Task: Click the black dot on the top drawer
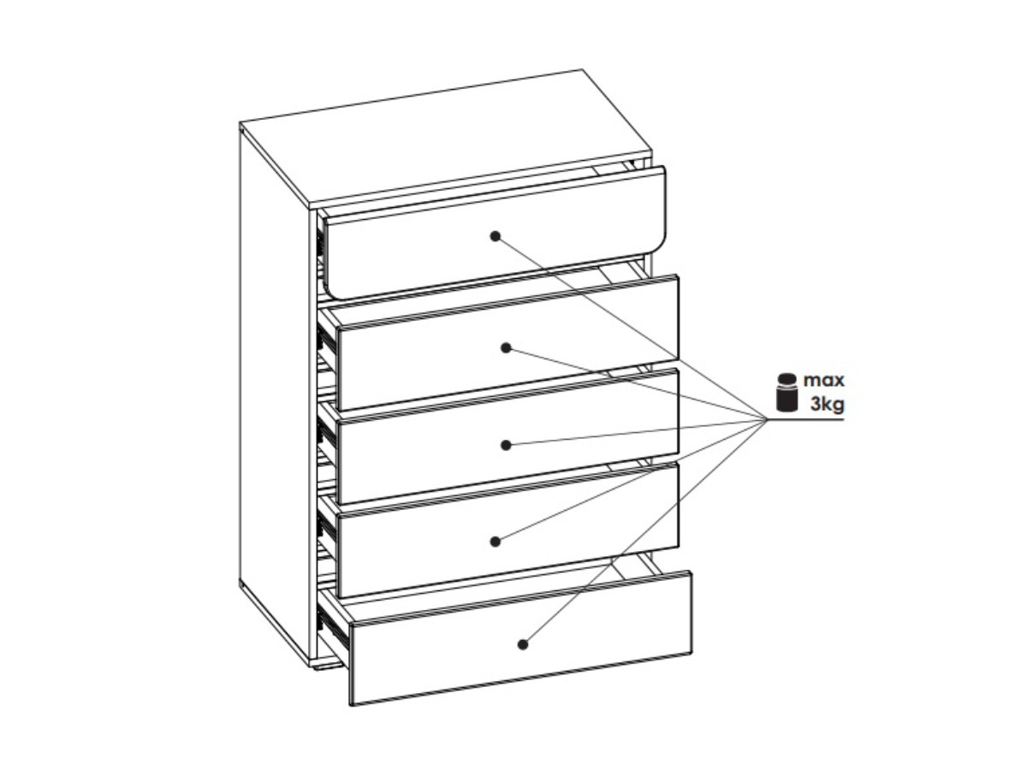click(x=495, y=236)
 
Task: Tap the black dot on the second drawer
click(x=505, y=348)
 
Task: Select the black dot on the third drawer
click(x=505, y=445)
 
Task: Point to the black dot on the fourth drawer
click(x=495, y=542)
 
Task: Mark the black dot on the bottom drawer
click(x=523, y=644)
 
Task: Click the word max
click(x=823, y=380)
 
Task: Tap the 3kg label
click(x=828, y=404)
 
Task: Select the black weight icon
click(x=787, y=393)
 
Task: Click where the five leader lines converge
click(x=767, y=420)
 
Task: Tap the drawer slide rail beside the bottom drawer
click(x=333, y=626)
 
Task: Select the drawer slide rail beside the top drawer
click(x=321, y=244)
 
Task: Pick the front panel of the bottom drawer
click(x=521, y=638)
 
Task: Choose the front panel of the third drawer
click(x=508, y=436)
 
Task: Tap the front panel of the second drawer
click(x=508, y=343)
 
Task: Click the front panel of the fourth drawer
click(x=508, y=530)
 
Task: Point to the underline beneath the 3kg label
click(x=805, y=420)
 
